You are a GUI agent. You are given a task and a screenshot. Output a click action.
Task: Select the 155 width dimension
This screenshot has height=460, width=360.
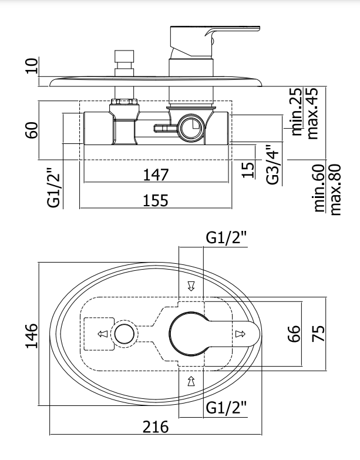155,200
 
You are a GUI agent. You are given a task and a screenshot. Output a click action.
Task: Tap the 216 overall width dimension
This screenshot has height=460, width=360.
156,427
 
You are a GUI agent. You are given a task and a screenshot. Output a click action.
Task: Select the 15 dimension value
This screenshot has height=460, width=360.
248,169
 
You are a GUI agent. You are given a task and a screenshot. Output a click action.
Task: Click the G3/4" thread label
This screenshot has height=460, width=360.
272,164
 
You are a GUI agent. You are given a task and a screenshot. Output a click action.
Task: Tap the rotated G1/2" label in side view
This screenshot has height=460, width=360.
53,188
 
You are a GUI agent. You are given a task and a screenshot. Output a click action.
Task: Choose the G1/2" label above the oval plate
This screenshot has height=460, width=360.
226,238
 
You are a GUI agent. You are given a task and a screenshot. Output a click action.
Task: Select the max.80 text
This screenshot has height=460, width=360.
336,190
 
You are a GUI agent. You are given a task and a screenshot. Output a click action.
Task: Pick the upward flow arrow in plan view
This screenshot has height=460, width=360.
190,381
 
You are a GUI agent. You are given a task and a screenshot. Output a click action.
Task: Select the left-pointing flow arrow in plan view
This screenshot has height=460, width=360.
102,334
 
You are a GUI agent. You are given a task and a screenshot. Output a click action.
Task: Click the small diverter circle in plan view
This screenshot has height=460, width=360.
124,334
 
